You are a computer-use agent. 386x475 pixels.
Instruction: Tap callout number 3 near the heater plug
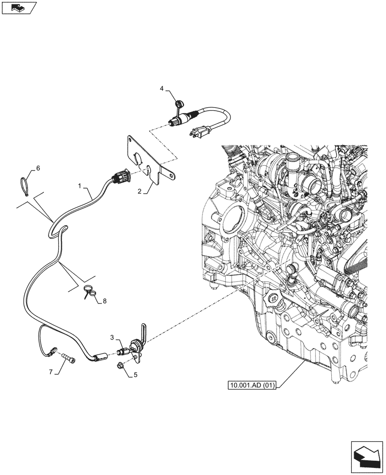click(113, 337)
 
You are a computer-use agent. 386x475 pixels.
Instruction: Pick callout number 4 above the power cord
click(162, 89)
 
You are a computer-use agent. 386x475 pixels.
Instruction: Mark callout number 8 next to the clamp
click(104, 301)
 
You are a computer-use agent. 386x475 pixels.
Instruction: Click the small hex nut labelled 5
click(121, 365)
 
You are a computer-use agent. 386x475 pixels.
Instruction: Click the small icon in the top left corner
click(19, 8)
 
